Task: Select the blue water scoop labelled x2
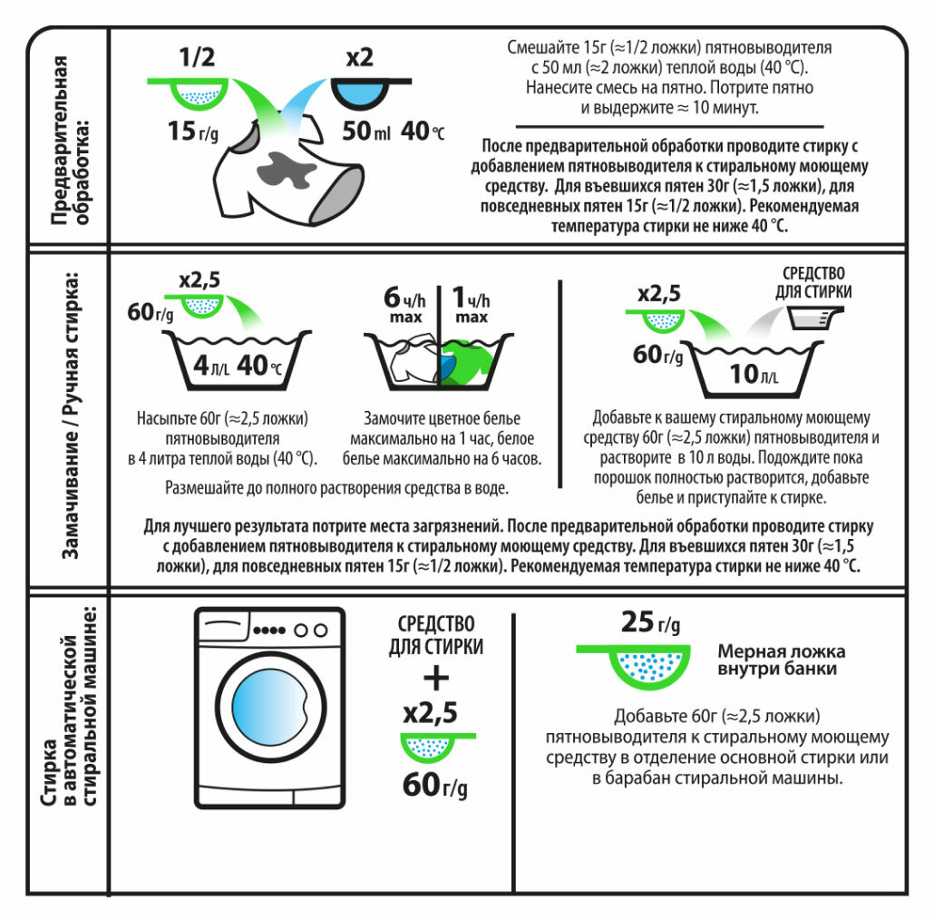[x=360, y=93]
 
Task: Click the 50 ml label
[x=366, y=132]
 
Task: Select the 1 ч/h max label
[x=471, y=304]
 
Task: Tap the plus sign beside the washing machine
[x=436, y=677]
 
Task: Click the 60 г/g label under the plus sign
[x=434, y=784]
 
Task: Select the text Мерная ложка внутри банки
[x=781, y=660]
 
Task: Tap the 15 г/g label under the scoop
[x=192, y=132]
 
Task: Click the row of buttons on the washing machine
[x=289, y=630]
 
